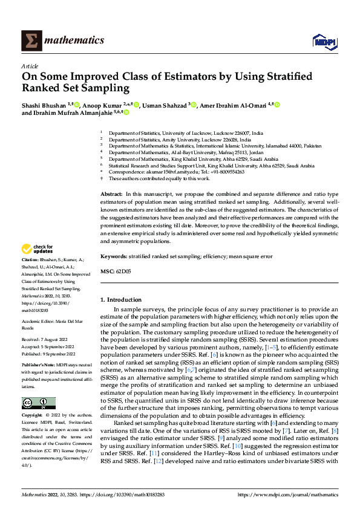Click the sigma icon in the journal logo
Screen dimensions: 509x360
(30, 41)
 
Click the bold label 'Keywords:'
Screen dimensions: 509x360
(113, 257)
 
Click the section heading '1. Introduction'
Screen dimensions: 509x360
(120, 299)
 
